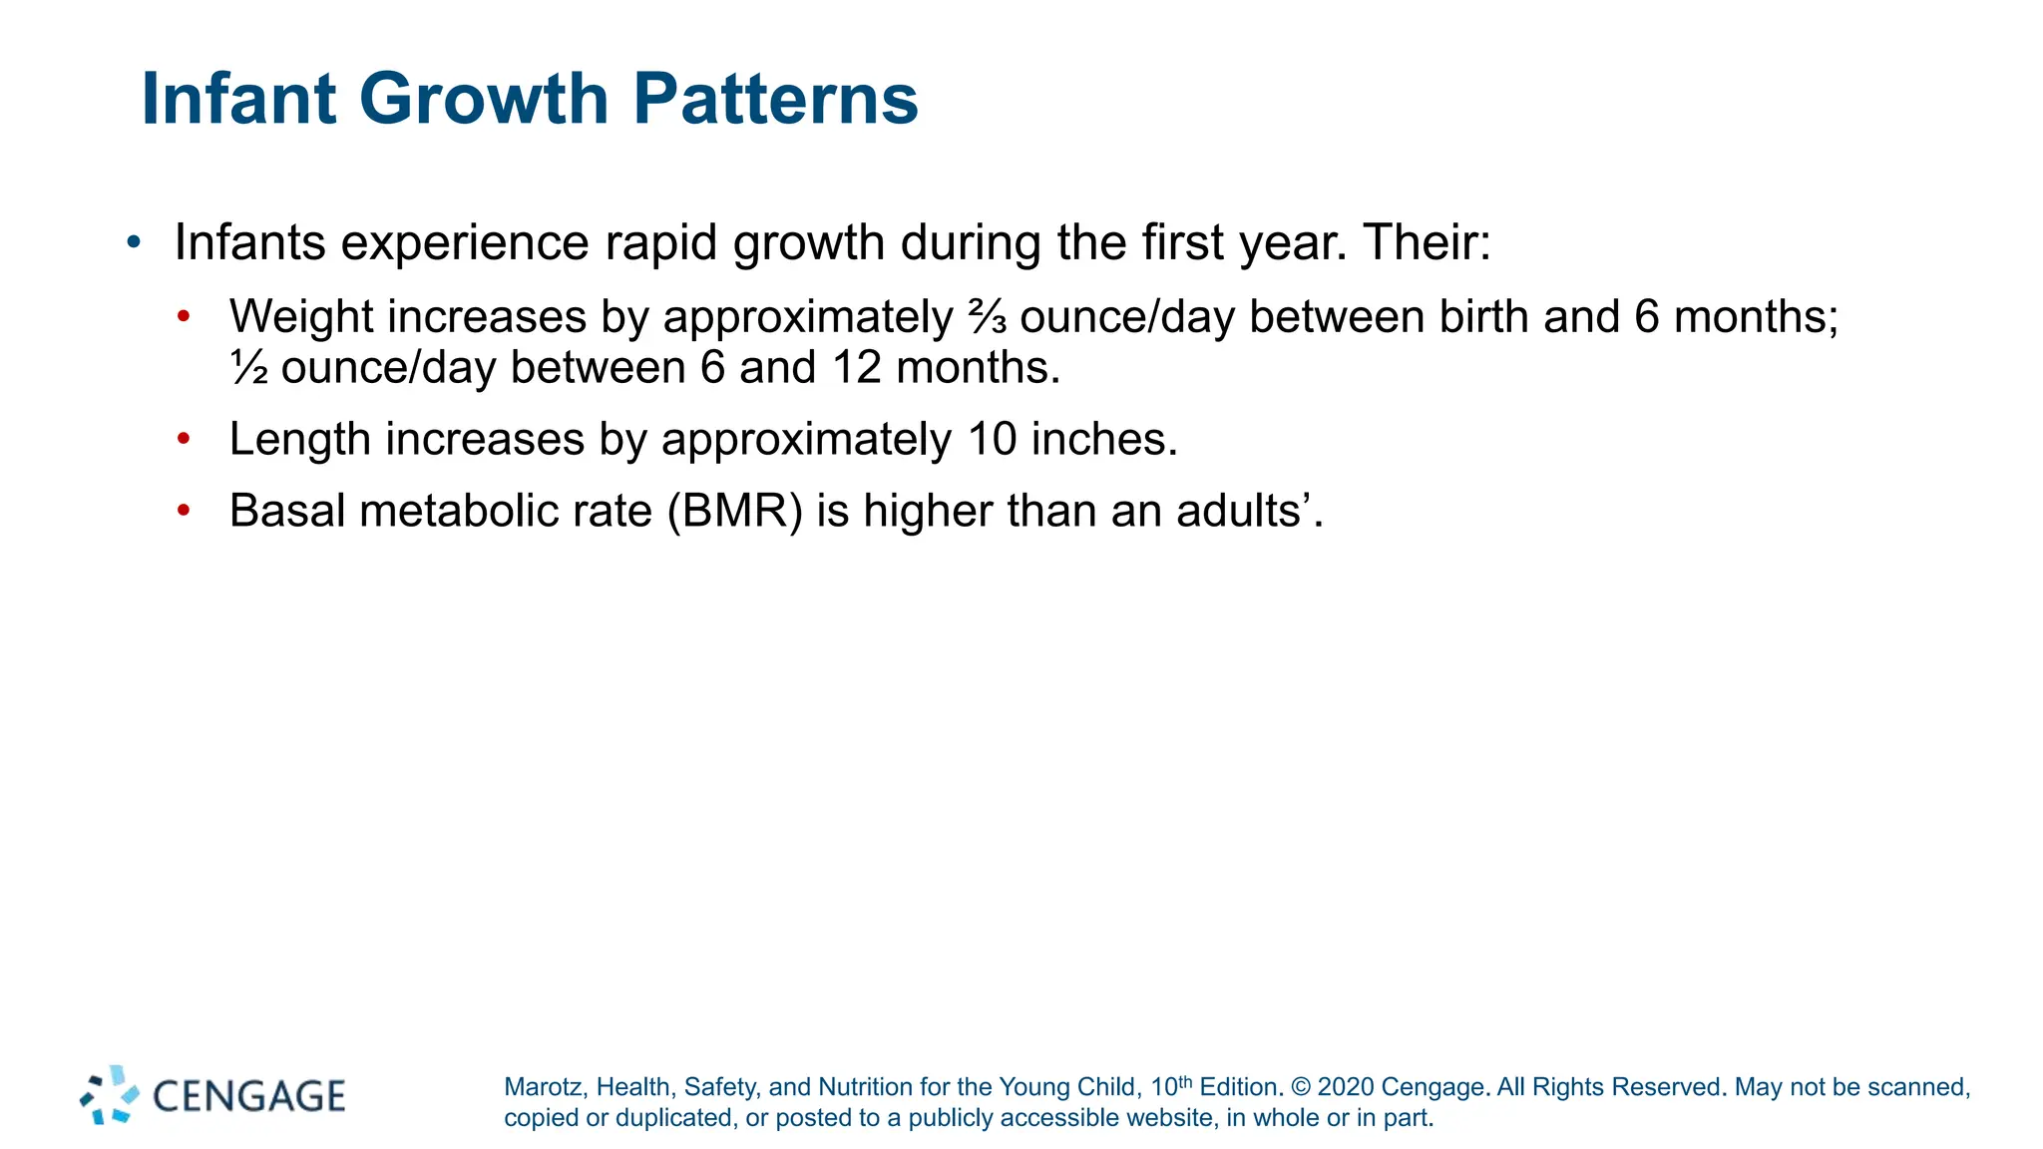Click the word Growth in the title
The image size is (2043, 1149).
[x=483, y=100]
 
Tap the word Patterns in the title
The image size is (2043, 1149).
[x=775, y=100]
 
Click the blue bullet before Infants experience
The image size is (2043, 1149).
[x=134, y=242]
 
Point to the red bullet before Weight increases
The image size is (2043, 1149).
[x=183, y=317]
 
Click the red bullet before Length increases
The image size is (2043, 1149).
[x=183, y=439]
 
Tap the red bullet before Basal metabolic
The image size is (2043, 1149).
[x=183, y=511]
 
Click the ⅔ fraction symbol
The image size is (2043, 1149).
[x=987, y=318]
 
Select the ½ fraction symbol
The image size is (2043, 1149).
[x=249, y=368]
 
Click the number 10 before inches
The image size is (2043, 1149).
[x=992, y=439]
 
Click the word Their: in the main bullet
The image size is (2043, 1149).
[x=1427, y=242]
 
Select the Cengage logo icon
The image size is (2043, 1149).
[x=110, y=1095]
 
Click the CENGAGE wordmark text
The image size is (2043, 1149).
[x=248, y=1096]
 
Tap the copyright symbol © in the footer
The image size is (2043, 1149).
[x=1300, y=1087]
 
